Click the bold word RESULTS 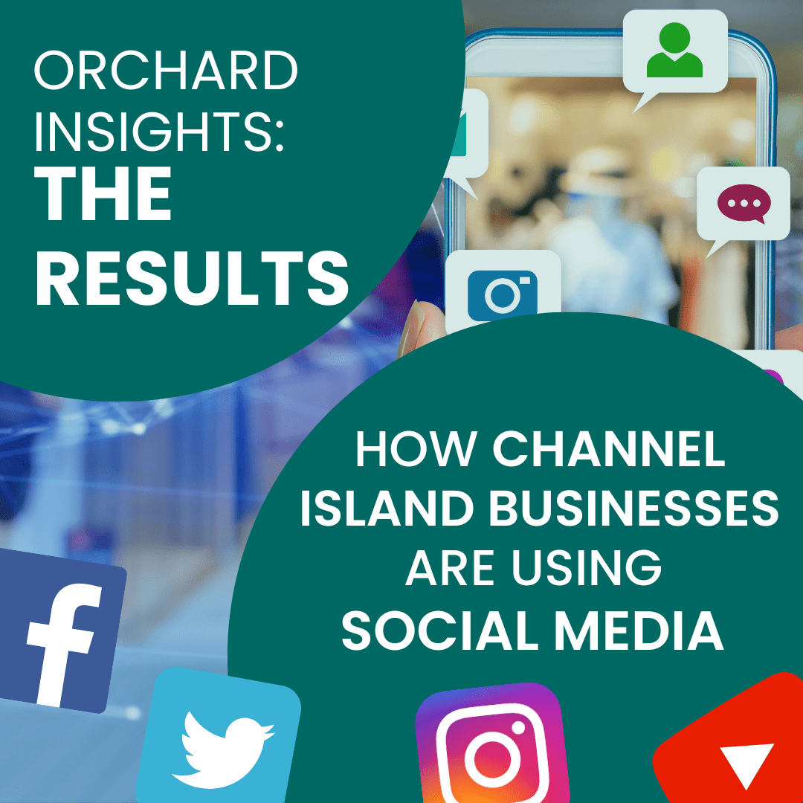tap(192, 280)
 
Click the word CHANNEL tap(609, 448)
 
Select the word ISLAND tap(387, 509)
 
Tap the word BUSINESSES tap(634, 509)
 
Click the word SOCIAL tap(433, 630)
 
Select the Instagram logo tap(492, 744)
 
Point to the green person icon tap(674, 50)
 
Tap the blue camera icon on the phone tap(503, 295)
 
